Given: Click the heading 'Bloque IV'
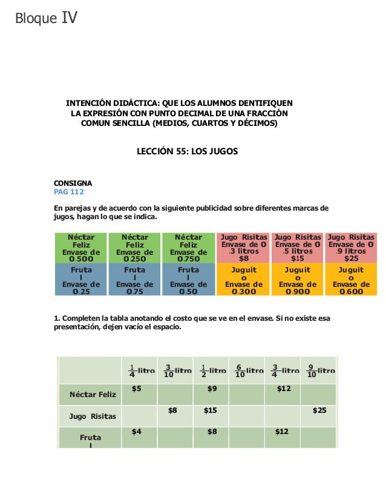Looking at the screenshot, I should click(x=47, y=19).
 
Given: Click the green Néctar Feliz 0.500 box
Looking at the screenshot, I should click(x=81, y=248).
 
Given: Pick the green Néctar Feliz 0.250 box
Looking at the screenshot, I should click(x=134, y=248).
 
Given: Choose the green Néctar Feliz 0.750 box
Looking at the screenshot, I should click(x=188, y=248).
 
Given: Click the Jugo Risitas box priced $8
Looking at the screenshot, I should click(x=244, y=248).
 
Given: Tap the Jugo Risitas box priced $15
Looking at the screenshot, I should click(x=297, y=248).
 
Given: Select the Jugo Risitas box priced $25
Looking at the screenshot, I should click(x=351, y=248).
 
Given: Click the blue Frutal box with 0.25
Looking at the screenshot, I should click(x=81, y=279).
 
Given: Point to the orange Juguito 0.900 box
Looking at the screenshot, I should click(x=297, y=279).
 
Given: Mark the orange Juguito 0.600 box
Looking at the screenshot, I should click(x=351, y=279).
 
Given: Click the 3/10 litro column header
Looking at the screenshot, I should click(x=178, y=370).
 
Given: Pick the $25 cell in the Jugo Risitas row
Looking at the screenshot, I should click(x=319, y=410).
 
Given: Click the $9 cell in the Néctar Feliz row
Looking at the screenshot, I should click(x=212, y=389).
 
